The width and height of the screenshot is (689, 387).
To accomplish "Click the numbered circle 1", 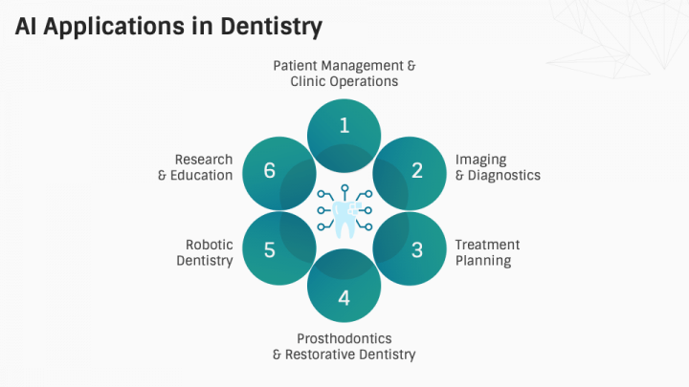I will pos(344,126).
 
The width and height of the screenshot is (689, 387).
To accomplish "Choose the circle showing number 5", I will pos(270,250).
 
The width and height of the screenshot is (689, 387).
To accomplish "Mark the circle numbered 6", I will pos(270,172).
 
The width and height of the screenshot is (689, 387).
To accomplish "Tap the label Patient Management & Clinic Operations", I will pos(344,74).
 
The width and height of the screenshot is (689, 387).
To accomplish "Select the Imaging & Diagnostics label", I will pos(497,167).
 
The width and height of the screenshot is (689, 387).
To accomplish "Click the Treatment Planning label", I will pos(487,252).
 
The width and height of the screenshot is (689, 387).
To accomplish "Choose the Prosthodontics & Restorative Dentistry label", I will pos(344,347).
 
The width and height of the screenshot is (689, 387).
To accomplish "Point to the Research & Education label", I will pos(195,167).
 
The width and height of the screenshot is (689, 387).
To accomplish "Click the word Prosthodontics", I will pos(344,338).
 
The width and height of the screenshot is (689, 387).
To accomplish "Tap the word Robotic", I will pos(210,245).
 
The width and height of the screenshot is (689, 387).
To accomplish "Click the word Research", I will pos(203,160).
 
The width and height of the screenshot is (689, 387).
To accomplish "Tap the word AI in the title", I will pos(27,26).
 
